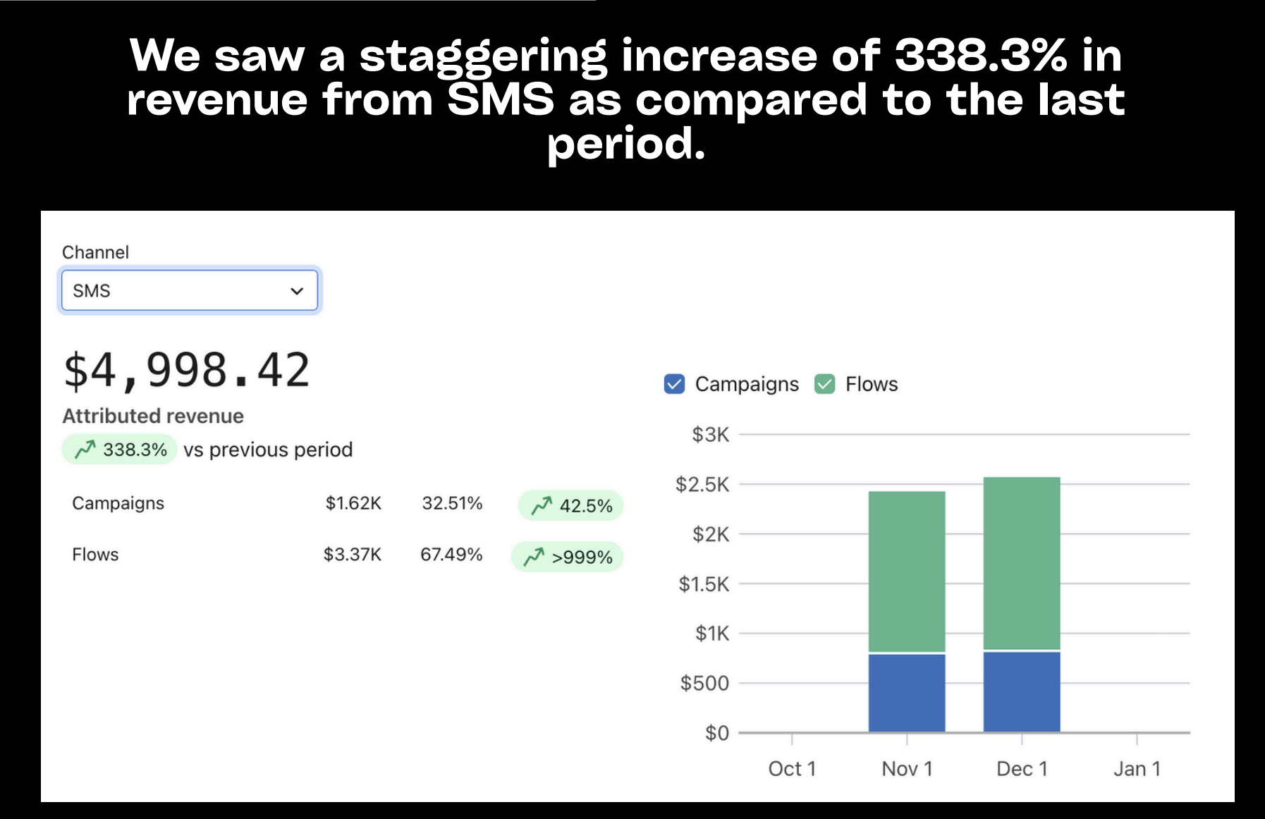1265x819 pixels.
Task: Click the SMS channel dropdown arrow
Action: (297, 291)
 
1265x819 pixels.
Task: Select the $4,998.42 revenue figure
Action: (187, 371)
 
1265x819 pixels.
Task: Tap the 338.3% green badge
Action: (121, 450)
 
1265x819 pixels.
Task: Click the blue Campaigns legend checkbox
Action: (674, 384)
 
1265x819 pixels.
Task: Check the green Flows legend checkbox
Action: (824, 384)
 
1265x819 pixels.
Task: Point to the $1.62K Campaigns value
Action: (353, 503)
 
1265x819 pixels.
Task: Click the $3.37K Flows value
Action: (352, 555)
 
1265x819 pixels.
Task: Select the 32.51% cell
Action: (452, 503)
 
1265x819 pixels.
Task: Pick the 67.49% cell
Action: (451, 555)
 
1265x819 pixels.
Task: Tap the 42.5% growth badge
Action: (571, 506)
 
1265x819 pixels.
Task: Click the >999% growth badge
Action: (568, 558)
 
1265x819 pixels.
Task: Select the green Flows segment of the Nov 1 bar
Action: (907, 571)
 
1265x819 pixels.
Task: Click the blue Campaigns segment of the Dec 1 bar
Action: (1022, 691)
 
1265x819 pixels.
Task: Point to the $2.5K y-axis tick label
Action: (702, 484)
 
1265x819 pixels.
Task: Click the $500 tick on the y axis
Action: (704, 683)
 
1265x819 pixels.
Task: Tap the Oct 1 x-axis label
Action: (792, 769)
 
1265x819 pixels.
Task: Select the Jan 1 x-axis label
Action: (1137, 769)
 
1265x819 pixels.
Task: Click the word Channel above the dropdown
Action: (95, 252)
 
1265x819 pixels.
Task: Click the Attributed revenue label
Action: (153, 416)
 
